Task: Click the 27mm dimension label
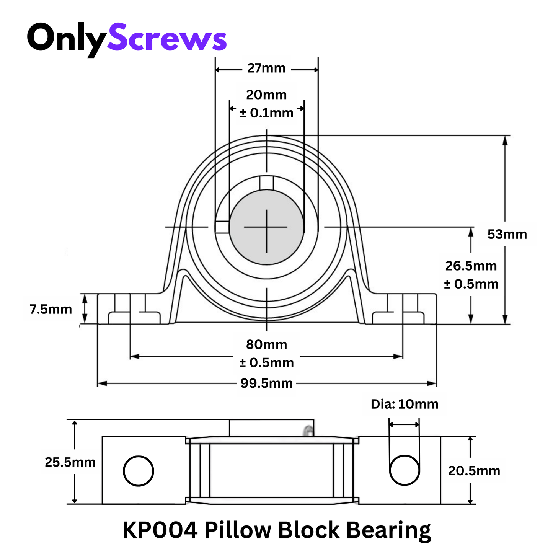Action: point(266,68)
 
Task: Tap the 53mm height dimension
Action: point(507,234)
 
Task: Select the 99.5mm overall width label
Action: point(266,383)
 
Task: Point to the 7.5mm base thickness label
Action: point(51,309)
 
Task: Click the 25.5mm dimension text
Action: point(70,462)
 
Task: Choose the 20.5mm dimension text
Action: point(474,471)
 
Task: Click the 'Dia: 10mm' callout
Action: point(405,404)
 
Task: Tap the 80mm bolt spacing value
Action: point(266,344)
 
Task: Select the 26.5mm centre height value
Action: point(471,266)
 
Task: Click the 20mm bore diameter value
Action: point(266,95)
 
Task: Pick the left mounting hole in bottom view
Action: point(138,471)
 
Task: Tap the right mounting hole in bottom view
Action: point(405,470)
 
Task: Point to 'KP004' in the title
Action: point(160,530)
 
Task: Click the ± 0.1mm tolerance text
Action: point(266,113)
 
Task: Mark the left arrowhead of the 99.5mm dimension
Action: point(101,383)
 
